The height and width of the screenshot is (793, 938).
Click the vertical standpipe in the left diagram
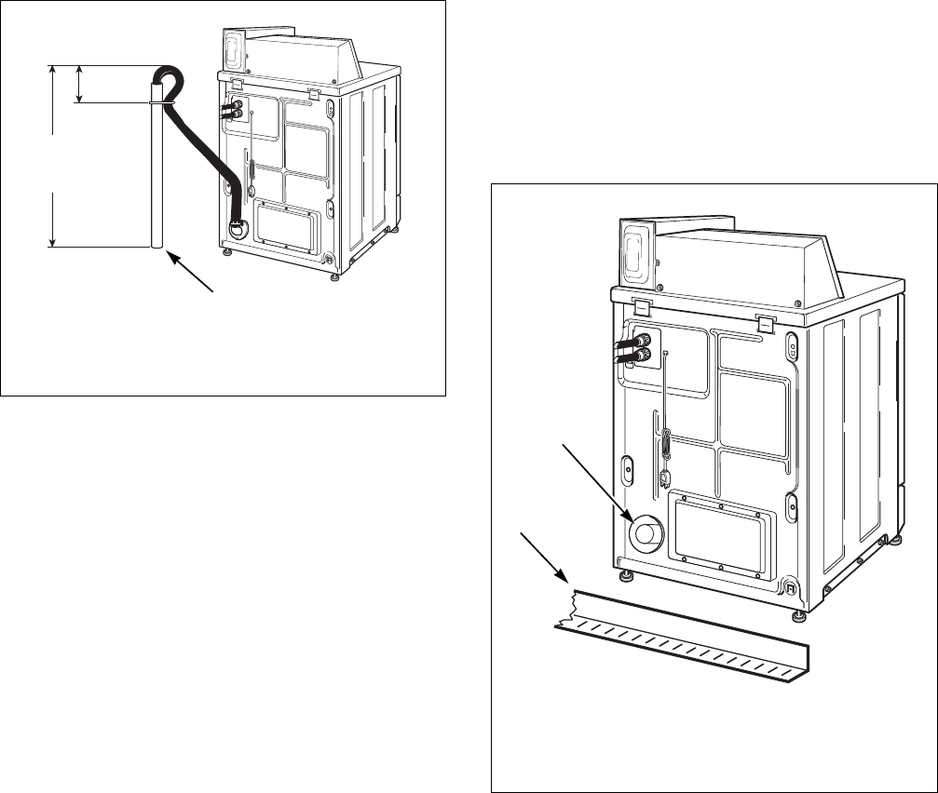156,177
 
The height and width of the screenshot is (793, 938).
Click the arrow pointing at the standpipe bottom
192,274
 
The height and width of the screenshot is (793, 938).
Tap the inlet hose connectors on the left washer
226,110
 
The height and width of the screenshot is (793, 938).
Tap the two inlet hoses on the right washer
631,348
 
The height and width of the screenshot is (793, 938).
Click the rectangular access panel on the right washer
723,530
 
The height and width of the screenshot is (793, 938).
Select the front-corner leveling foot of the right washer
798,615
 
